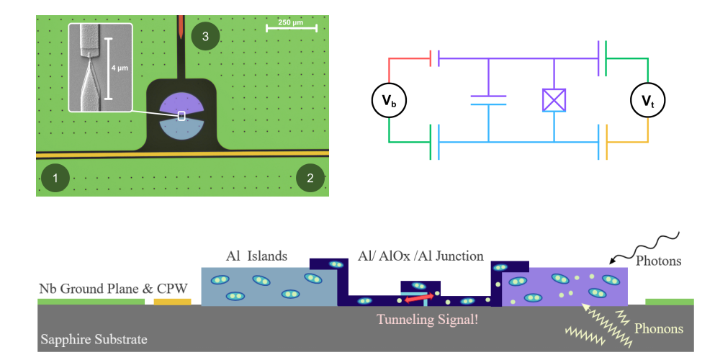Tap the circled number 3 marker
point(205,37)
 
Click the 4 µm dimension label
point(119,67)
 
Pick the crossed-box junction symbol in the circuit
point(554,100)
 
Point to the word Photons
point(657,261)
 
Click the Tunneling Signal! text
point(421,318)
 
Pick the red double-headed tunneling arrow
point(418,297)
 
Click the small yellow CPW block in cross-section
point(173,302)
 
